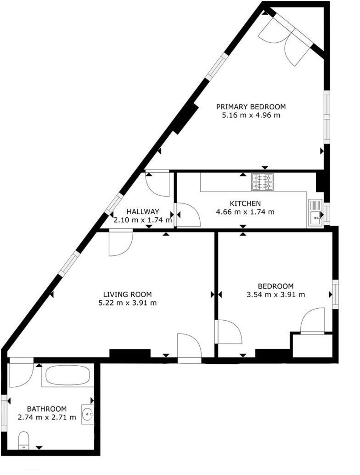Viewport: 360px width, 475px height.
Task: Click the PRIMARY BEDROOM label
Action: click(x=250, y=106)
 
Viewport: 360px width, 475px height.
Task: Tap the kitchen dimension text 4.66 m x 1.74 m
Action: click(x=245, y=212)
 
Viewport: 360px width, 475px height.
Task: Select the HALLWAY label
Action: click(x=143, y=211)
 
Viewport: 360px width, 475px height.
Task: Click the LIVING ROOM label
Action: click(x=127, y=294)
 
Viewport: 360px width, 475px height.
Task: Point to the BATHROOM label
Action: click(x=47, y=409)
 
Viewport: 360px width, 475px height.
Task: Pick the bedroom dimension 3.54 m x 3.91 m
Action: click(x=276, y=294)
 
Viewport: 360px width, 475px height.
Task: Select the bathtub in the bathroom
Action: click(x=67, y=375)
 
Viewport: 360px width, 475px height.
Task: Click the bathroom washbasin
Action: click(x=87, y=414)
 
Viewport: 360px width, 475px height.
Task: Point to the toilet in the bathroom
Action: click(x=24, y=441)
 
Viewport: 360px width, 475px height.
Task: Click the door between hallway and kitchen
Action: click(x=187, y=215)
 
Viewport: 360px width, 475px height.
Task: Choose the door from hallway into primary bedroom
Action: click(x=157, y=183)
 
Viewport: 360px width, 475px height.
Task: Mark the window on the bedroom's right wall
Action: click(x=335, y=294)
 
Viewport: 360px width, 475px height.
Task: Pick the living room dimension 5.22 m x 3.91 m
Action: click(x=127, y=303)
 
